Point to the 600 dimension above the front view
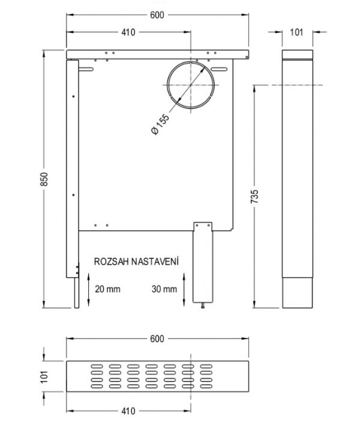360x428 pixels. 158,16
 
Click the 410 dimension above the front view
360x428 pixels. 128,32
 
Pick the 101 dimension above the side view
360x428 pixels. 296,32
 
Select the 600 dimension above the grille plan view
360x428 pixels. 157,339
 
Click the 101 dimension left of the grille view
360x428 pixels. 44,376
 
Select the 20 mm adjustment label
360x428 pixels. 108,289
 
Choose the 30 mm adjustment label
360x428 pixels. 164,289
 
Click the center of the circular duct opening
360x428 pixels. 190,85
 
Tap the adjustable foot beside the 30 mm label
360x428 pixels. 203,264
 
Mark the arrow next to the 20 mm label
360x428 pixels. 89,288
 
